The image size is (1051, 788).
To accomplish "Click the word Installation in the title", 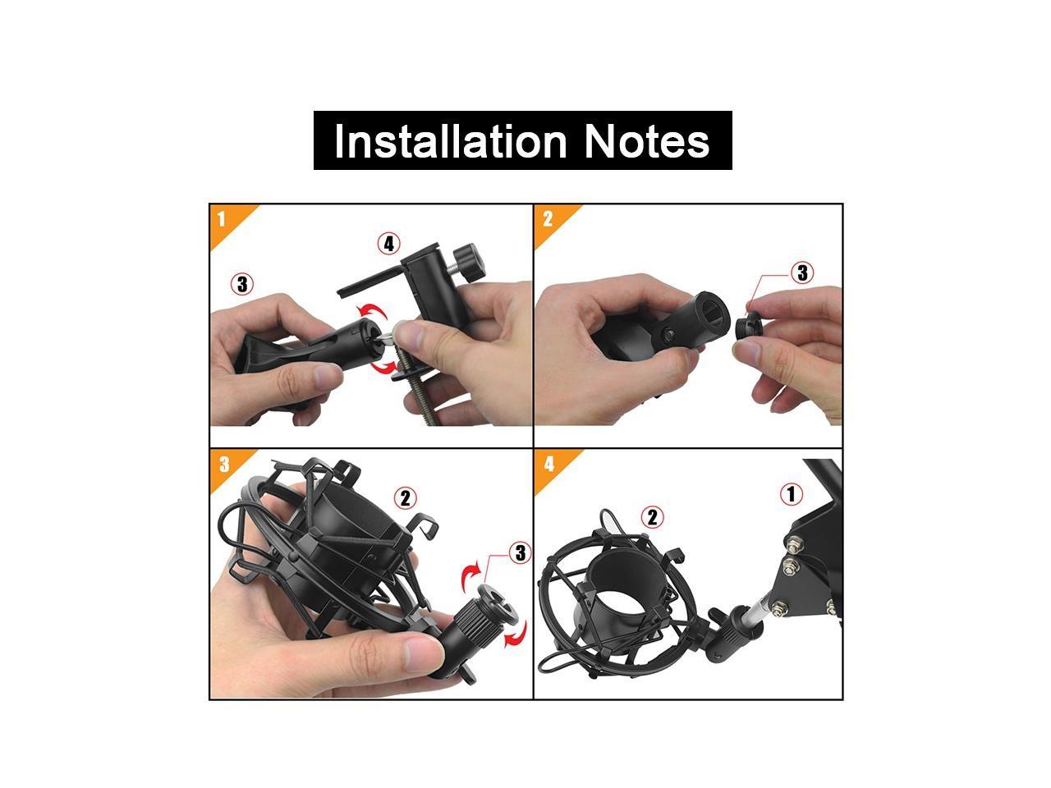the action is click(x=450, y=141).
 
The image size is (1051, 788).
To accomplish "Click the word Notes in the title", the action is click(x=646, y=141).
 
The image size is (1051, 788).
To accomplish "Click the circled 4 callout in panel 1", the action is click(x=389, y=244).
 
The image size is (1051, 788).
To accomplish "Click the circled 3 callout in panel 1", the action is click(x=242, y=284).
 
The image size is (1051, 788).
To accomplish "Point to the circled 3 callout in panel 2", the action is click(x=802, y=273).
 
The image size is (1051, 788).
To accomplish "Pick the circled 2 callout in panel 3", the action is click(x=405, y=498).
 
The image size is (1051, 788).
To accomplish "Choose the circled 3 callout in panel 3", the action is click(x=520, y=553).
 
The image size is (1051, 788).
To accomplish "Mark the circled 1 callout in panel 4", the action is click(x=792, y=494).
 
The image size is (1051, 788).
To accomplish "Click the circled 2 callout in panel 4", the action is click(x=652, y=517).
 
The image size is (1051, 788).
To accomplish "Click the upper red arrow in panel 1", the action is click(x=373, y=312).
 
